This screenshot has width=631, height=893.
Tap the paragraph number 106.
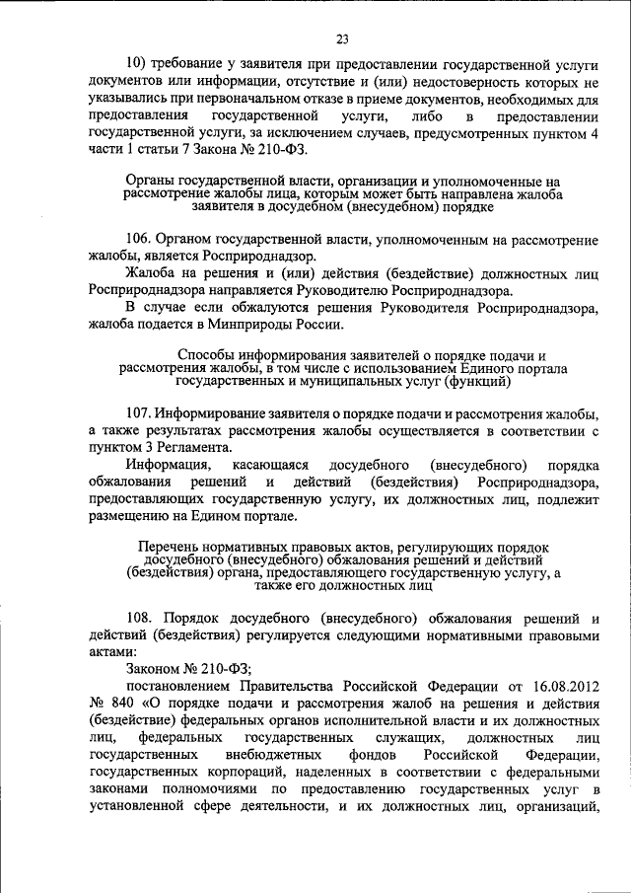[x=139, y=240]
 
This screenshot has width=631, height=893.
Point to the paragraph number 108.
[x=139, y=618]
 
